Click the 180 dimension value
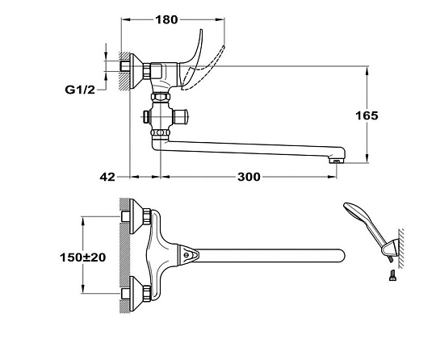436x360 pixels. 166,19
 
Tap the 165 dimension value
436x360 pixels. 367,115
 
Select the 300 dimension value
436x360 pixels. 249,177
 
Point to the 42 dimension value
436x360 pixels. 107,177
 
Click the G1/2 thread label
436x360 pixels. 80,90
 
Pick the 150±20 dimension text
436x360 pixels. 83,257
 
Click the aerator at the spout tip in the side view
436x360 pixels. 337,161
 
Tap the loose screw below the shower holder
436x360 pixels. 392,275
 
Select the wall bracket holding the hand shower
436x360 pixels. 390,249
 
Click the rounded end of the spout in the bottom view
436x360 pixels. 341,255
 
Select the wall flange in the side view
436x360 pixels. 136,72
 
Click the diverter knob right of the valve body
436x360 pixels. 181,116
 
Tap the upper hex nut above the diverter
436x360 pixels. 161,97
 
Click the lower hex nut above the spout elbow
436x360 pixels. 161,132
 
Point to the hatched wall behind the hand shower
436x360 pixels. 400,249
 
